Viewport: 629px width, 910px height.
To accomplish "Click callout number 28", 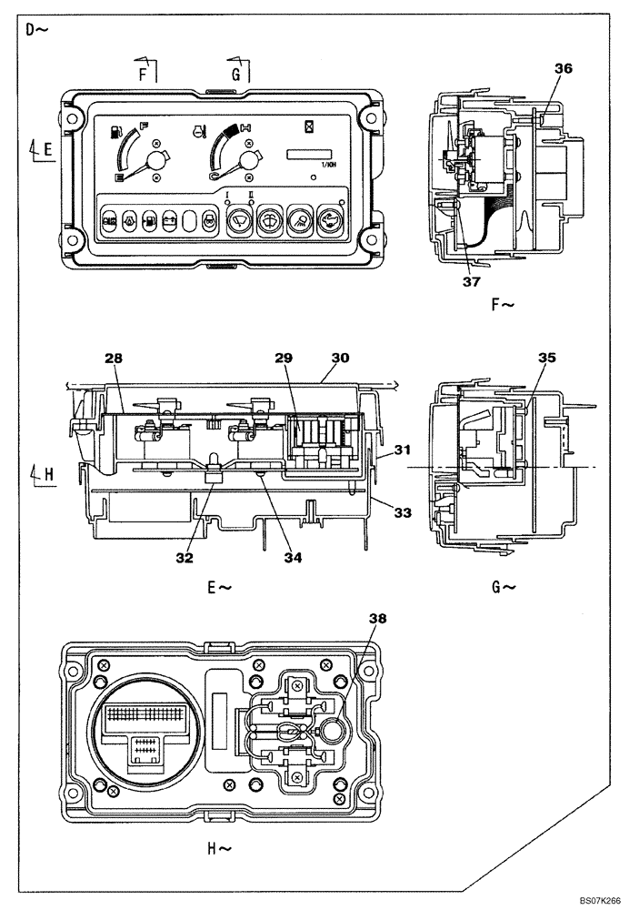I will click(113, 360).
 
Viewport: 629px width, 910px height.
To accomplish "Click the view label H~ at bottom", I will click(219, 849).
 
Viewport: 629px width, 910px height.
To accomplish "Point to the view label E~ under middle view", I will click(219, 587).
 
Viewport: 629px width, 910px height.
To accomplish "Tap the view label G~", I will click(504, 587).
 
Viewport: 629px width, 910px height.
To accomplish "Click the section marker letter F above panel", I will click(143, 76).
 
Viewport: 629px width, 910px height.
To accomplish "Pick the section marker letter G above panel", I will click(236, 76).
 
